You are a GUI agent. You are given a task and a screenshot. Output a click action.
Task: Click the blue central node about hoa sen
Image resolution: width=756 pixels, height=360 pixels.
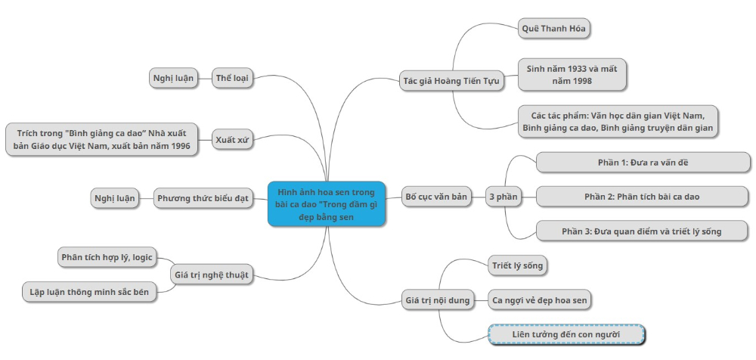327,203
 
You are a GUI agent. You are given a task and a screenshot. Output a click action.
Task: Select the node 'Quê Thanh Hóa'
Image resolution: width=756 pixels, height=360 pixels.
554,29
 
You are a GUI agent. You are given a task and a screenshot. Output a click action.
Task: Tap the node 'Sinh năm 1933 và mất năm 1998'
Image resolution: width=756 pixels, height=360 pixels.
572,74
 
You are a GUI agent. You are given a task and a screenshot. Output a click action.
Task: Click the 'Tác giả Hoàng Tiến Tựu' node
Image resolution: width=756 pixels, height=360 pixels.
451,81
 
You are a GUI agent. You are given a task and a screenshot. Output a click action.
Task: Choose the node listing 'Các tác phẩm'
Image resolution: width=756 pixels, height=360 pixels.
617,122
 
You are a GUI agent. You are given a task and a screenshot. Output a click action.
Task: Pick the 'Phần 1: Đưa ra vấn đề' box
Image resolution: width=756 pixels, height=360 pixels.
643,163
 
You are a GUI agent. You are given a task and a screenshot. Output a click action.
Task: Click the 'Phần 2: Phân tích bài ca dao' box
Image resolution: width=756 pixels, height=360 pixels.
643,197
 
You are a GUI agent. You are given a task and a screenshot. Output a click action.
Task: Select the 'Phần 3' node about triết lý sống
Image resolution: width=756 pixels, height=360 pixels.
643,231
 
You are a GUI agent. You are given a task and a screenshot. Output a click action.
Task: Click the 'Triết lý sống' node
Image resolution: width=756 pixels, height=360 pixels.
517,265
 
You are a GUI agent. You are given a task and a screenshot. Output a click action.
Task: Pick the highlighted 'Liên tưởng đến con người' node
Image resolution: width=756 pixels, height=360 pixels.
567,334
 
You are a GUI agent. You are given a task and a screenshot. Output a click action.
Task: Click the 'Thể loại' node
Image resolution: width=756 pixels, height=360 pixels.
232,78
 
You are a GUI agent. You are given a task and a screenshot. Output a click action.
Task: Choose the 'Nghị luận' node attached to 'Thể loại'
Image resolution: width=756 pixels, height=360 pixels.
173,78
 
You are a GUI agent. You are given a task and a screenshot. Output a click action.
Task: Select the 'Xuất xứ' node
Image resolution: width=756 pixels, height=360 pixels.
232,140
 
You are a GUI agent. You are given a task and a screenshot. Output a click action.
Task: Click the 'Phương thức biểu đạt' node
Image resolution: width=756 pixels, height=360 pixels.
203,199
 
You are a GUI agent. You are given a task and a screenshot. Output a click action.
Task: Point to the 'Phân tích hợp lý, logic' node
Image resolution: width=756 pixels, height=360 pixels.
107,258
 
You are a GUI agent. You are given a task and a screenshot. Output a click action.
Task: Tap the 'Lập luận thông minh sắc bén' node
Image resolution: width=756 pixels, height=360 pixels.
89,291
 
